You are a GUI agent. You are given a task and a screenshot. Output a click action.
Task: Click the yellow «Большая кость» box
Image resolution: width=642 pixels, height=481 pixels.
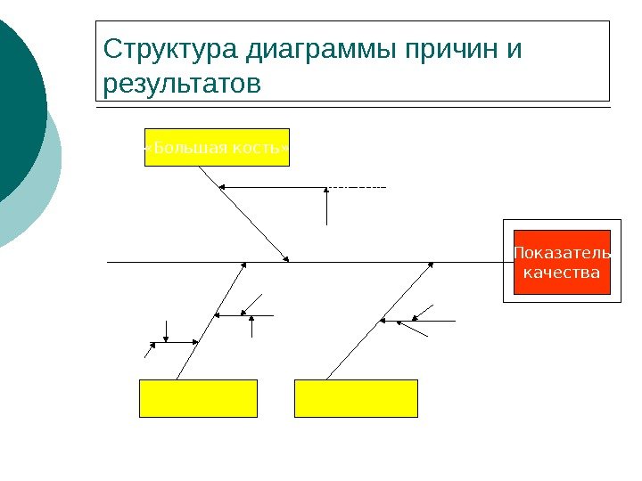(217, 148)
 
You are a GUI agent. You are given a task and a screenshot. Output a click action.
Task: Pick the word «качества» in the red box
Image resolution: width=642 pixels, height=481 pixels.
(562, 272)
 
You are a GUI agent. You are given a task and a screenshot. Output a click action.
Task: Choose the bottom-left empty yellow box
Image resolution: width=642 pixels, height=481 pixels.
(198, 398)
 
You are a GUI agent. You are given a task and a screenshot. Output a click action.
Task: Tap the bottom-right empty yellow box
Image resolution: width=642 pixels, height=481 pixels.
(357, 398)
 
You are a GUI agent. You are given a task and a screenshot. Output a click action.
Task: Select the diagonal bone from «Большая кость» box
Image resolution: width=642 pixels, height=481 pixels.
(243, 214)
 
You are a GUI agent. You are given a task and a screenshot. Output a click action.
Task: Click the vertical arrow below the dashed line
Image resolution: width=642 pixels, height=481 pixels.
(328, 207)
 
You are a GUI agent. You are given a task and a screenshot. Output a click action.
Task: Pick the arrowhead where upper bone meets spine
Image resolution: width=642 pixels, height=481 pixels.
(287, 259)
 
